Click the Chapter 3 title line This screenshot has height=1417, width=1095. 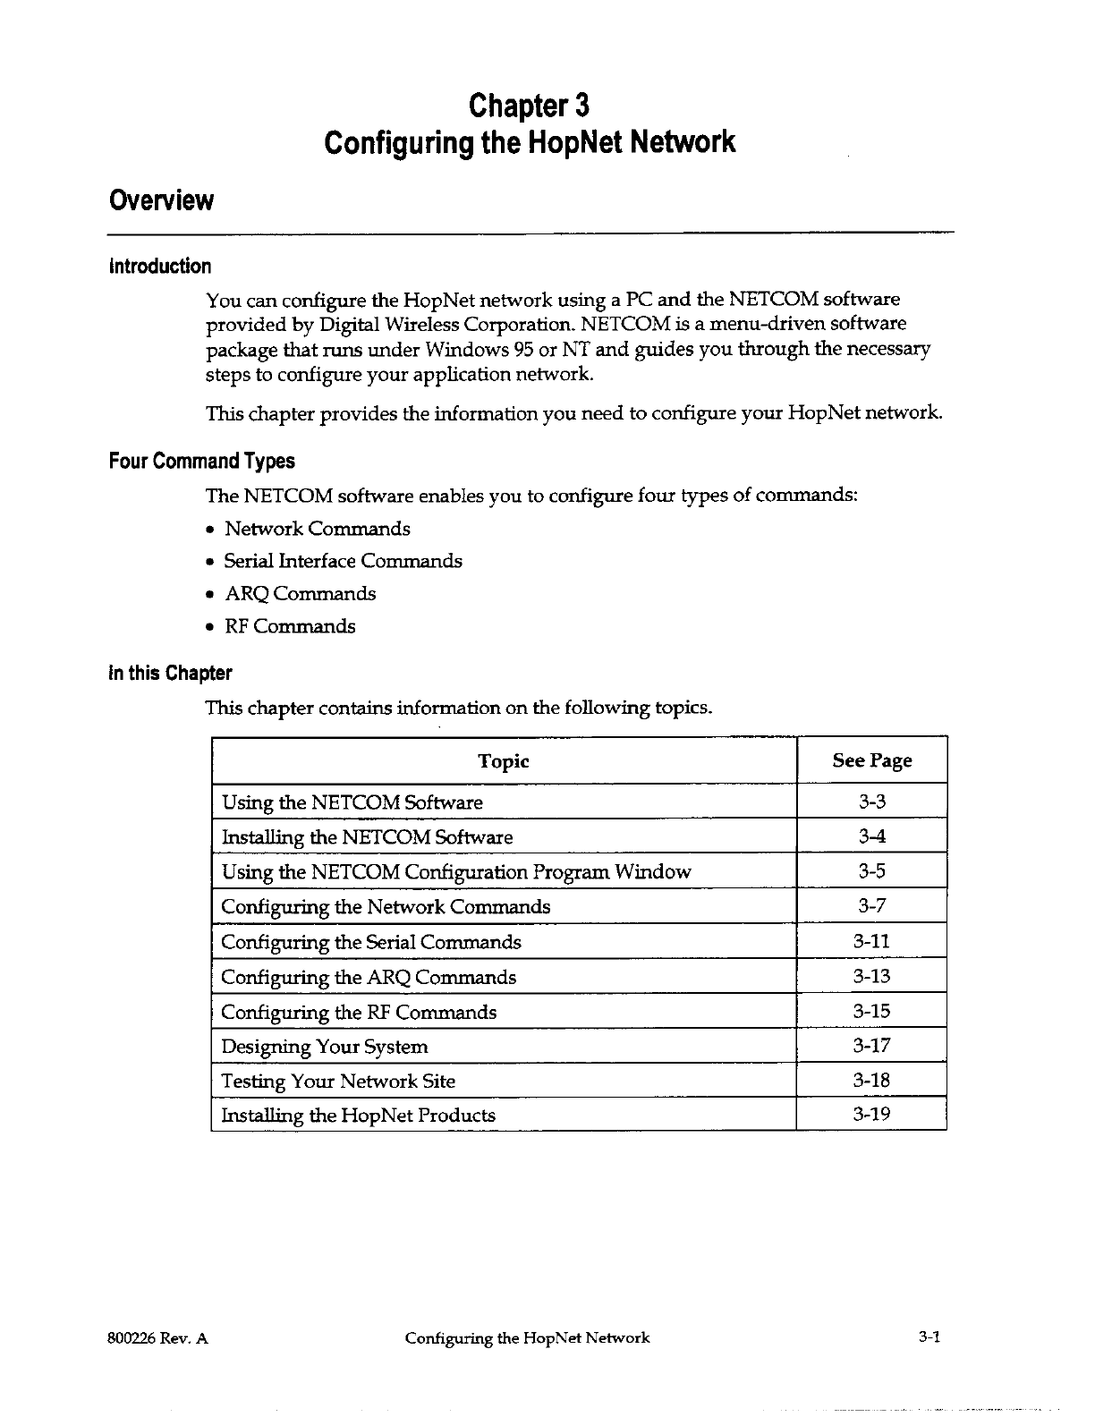pyautogui.click(x=530, y=106)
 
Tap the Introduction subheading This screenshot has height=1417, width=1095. pyautogui.click(x=160, y=267)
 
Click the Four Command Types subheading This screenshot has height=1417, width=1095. pyautogui.click(x=201, y=462)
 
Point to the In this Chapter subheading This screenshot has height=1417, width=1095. pyautogui.click(x=170, y=674)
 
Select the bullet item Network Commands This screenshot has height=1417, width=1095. pyautogui.click(x=317, y=529)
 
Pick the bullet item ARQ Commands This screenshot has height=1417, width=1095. pyautogui.click(x=300, y=594)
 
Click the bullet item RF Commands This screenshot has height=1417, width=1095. pyautogui.click(x=290, y=626)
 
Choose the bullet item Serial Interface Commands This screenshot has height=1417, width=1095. pyautogui.click(x=343, y=561)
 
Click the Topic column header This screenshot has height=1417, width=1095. pyautogui.click(x=504, y=761)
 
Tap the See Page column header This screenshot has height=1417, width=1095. pyautogui.click(x=871, y=760)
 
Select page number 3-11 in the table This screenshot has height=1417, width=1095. pyautogui.click(x=871, y=941)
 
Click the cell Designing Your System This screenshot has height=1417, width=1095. pyautogui.click(x=325, y=1047)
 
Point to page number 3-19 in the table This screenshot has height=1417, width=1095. pyautogui.click(x=871, y=1115)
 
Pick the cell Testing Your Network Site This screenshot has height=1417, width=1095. pyautogui.click(x=338, y=1082)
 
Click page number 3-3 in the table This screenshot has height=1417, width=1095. pyautogui.click(x=871, y=802)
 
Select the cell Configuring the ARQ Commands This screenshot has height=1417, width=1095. pyautogui.click(x=369, y=977)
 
